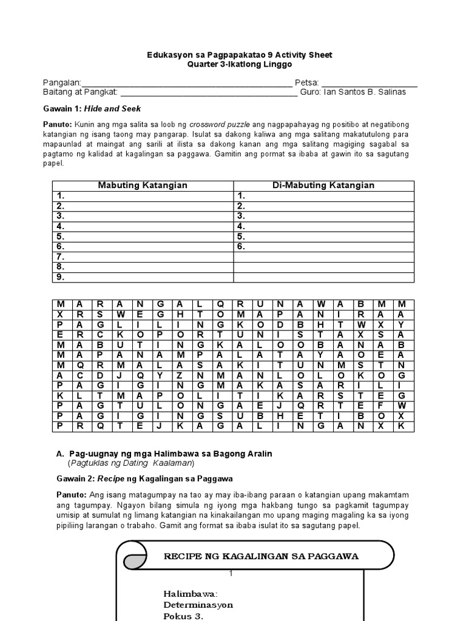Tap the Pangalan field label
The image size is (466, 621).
tap(61, 83)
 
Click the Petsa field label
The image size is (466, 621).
tap(306, 83)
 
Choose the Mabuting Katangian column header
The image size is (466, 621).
tap(143, 185)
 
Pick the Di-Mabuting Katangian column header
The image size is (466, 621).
tap(323, 185)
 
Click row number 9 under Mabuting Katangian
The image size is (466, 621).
tap(60, 277)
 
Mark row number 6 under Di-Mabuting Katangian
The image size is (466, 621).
tap(241, 246)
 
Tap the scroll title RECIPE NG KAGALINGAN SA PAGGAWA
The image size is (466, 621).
tap(262, 556)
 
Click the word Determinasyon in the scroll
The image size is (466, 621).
tap(198, 605)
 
